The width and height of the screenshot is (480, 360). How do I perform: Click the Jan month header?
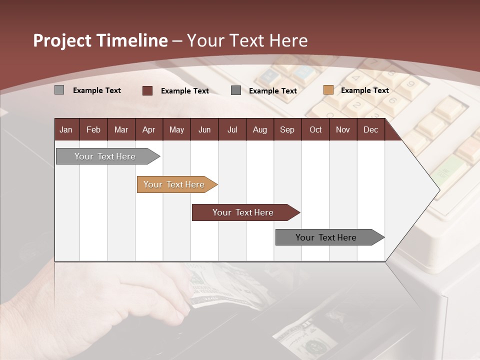click(66, 129)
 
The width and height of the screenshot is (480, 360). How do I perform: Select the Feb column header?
click(93, 129)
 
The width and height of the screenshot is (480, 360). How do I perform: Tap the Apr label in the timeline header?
click(148, 129)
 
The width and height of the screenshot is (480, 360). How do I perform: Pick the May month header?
click(176, 129)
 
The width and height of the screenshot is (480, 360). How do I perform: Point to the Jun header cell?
click(204, 129)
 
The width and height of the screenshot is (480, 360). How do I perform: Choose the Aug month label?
click(259, 129)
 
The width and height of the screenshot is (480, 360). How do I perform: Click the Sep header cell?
click(287, 129)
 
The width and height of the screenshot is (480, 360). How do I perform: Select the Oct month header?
click(315, 129)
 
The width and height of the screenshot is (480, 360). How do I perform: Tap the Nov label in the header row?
click(343, 129)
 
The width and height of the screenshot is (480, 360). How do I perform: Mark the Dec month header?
click(370, 129)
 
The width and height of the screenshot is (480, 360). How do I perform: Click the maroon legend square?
click(147, 90)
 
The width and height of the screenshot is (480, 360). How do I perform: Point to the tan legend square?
click(328, 90)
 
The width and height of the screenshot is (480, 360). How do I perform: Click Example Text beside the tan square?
click(364, 90)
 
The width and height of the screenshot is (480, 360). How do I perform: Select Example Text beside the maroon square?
click(184, 90)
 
